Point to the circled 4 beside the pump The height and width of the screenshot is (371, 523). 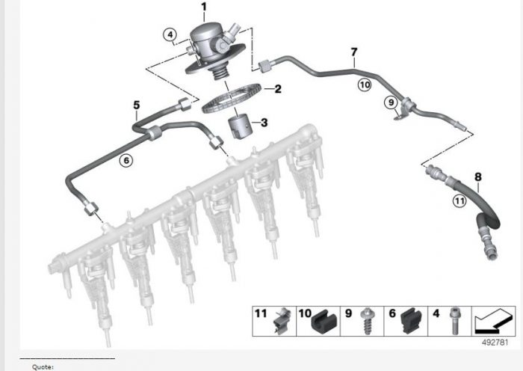coord(170,34)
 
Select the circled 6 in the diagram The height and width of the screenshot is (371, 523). coord(126,159)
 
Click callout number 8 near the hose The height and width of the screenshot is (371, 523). coord(478,177)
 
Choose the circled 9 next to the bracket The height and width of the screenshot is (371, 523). coord(389,102)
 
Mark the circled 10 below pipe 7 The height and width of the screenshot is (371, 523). coord(364,85)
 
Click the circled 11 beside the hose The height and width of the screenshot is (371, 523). coord(459,200)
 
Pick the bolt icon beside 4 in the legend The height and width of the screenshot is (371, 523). coord(454,322)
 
